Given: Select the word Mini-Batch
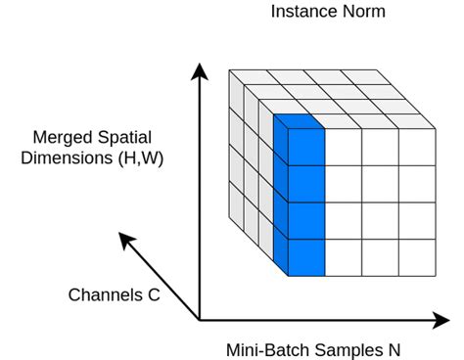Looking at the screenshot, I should click(266, 348).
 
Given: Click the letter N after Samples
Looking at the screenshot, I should click(393, 348).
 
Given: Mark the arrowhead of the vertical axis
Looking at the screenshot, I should click(199, 70).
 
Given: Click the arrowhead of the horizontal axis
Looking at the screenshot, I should click(441, 320).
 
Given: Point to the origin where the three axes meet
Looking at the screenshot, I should click(200, 320).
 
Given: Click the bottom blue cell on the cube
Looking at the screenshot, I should click(305, 256).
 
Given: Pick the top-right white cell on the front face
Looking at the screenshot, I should click(417, 147).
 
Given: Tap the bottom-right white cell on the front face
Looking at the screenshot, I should click(417, 256).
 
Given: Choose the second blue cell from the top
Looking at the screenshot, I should click(305, 183).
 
